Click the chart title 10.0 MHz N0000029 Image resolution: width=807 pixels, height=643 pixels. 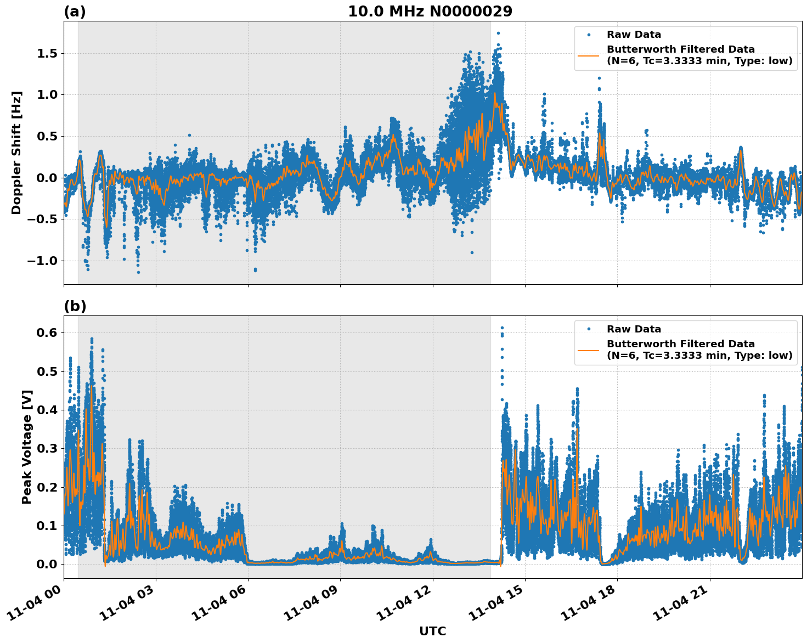(430, 12)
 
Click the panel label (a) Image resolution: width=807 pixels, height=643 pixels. (75, 12)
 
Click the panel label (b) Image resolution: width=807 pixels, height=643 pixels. (75, 306)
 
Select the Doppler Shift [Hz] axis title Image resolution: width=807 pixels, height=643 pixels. (16, 153)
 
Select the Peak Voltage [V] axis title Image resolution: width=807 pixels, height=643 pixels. (27, 447)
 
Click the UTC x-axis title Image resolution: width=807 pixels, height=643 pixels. (432, 631)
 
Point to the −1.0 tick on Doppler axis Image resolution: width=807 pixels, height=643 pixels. (43, 261)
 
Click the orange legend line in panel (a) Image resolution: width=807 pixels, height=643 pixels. (589, 55)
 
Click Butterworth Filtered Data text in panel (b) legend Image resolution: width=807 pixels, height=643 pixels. (680, 344)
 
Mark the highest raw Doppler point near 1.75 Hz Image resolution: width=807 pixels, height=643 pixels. (498, 33)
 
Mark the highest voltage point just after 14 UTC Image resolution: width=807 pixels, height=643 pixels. (501, 328)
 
